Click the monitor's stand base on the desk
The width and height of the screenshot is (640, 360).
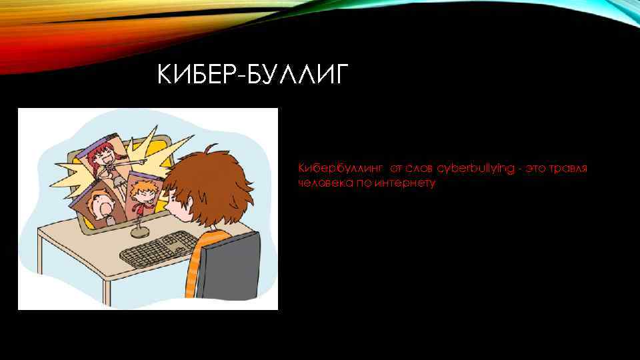[140, 232]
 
